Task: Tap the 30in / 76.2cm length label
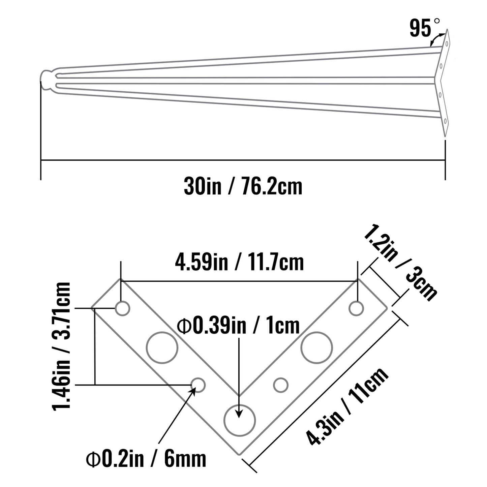[x=243, y=186]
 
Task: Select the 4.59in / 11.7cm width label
[x=239, y=262]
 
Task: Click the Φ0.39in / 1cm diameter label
[x=239, y=326]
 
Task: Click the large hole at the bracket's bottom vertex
[x=240, y=420]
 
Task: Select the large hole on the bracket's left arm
[x=162, y=347]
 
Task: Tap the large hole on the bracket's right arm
[x=317, y=347]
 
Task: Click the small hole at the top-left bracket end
[x=122, y=308]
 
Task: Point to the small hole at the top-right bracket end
[x=356, y=308]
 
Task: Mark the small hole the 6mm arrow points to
[x=198, y=385]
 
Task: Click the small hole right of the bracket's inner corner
[x=280, y=385]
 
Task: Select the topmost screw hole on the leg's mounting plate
[x=447, y=43]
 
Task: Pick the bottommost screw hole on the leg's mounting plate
[x=445, y=121]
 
